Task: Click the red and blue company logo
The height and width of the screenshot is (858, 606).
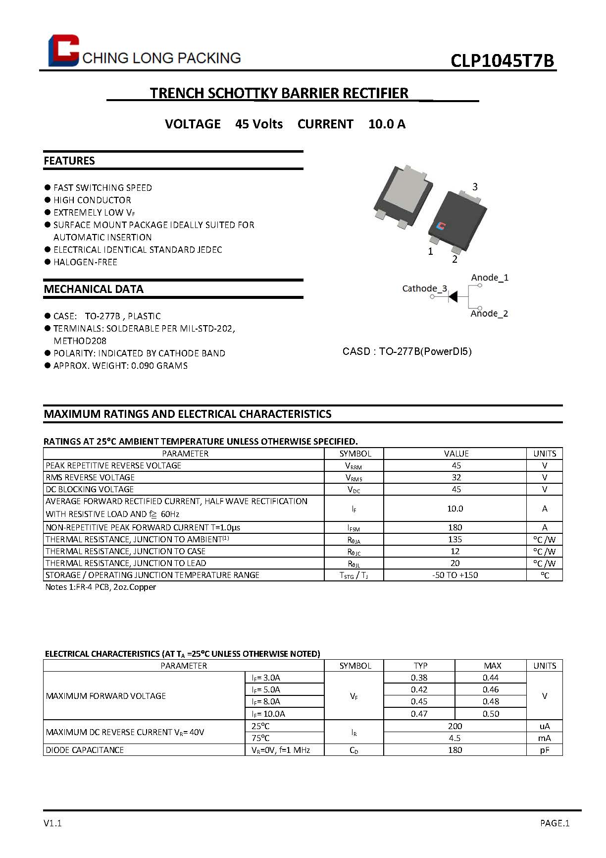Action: [63, 50]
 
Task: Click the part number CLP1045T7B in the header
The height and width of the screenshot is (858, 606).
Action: [502, 60]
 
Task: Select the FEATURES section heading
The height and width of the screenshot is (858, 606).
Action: [69, 161]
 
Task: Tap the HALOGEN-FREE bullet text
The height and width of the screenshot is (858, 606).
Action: [85, 262]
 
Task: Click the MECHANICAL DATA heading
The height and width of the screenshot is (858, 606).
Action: [94, 289]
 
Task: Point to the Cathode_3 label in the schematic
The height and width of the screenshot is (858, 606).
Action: [424, 288]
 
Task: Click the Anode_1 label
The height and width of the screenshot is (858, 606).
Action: [490, 278]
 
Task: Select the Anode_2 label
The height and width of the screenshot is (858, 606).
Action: [489, 313]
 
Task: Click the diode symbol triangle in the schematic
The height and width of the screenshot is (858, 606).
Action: [453, 296]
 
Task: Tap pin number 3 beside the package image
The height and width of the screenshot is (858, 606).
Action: [475, 187]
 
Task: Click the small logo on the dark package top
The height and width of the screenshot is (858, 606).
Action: [441, 226]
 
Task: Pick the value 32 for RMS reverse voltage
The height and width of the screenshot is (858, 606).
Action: [456, 477]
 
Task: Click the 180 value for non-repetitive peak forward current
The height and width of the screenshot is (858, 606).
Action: [455, 527]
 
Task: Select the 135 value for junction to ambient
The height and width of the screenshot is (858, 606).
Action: [455, 539]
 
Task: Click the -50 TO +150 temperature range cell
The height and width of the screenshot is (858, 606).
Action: [455, 575]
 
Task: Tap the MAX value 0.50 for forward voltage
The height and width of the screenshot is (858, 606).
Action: [491, 714]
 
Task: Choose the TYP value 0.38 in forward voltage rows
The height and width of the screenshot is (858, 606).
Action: [419, 678]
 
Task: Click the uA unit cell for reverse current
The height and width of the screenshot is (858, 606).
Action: [545, 726]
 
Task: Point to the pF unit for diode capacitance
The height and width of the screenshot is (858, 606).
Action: [545, 750]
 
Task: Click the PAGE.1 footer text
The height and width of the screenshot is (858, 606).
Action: [555, 823]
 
